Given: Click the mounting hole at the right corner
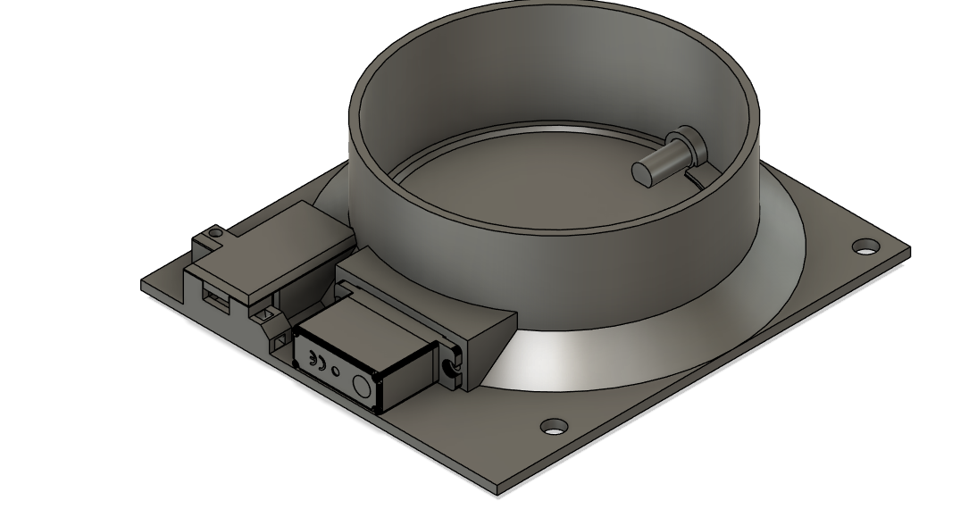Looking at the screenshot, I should tap(864, 246).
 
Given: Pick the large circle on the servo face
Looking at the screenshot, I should tap(362, 386).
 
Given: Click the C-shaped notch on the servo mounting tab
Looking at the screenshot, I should tap(449, 369).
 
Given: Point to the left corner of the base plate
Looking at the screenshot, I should tap(143, 286).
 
